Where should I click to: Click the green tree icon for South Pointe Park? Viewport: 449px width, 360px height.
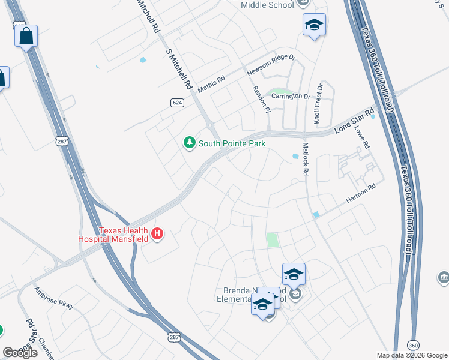click(190, 143)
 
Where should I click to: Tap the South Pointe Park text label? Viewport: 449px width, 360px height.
click(232, 143)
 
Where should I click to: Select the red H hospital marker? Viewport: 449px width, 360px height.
click(157, 234)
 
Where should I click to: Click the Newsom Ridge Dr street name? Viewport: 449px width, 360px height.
click(271, 65)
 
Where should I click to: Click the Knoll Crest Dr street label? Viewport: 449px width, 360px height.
click(319, 104)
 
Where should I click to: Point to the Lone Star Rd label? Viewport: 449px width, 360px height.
click(354, 120)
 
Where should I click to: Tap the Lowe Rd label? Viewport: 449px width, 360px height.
click(362, 137)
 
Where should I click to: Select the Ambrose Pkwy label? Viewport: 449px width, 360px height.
click(53, 298)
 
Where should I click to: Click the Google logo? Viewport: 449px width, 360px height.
click(20, 352)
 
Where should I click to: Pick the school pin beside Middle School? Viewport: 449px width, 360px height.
click(314, 25)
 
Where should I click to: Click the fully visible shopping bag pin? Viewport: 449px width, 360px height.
click(26, 36)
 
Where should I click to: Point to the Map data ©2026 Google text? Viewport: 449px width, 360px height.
click(412, 355)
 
